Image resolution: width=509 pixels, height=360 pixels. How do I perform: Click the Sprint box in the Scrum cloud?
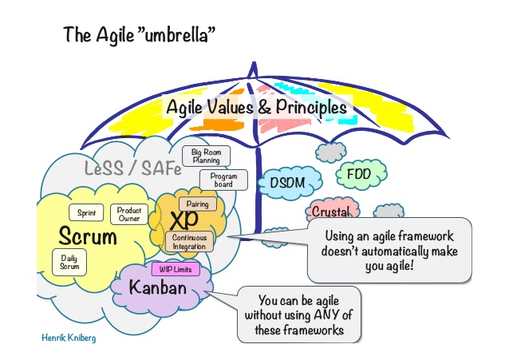86,212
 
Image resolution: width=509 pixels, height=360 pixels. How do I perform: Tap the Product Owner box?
129,214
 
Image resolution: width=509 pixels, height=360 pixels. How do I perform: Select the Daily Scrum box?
69,262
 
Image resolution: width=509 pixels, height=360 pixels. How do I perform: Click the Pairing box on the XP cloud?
198,204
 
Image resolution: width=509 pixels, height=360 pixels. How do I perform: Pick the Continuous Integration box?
189,242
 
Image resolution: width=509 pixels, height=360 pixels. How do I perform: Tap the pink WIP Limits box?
176,269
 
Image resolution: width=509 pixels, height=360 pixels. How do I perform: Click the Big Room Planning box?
206,156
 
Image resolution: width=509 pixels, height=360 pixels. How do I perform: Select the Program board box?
223,180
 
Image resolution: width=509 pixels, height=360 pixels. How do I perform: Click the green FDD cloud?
361,175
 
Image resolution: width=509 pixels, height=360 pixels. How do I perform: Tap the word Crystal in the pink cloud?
331,212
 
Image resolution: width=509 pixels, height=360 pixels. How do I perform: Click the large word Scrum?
88,236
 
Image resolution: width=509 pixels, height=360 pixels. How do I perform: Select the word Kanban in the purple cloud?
158,287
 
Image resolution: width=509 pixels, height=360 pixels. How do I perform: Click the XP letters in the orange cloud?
183,220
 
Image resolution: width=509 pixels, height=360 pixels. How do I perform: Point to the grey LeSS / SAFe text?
132,168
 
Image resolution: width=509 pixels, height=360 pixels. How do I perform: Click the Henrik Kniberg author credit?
69,338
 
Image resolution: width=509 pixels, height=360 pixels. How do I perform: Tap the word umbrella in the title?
176,34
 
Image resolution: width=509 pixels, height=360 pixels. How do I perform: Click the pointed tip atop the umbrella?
254,62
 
